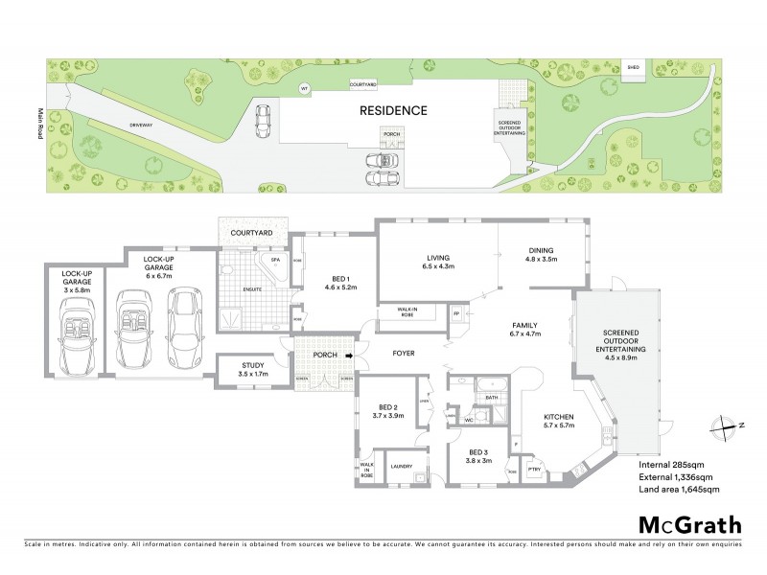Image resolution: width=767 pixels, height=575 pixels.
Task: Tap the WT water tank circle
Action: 305,88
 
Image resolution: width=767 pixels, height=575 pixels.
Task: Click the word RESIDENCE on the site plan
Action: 393,110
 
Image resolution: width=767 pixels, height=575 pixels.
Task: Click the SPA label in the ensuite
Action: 275,259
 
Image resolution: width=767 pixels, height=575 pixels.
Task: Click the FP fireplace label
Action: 456,314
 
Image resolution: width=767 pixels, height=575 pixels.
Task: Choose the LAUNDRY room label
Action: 401,467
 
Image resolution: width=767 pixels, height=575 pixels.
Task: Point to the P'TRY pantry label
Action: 535,468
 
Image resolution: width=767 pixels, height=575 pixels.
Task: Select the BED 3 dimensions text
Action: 479,460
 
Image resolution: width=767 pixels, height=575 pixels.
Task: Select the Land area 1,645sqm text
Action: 678,490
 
